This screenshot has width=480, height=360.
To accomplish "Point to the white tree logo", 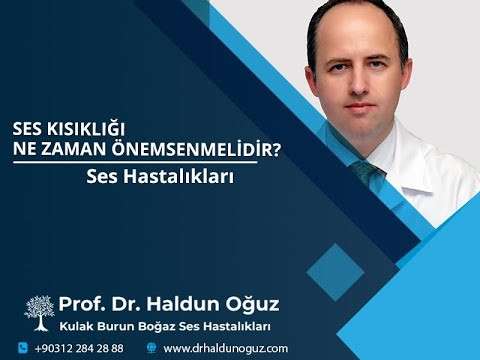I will (39, 310).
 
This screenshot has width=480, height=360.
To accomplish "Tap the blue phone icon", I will (21, 347).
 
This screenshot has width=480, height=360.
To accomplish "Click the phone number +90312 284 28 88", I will (79, 348).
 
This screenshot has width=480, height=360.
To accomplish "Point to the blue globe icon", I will (152, 347).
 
